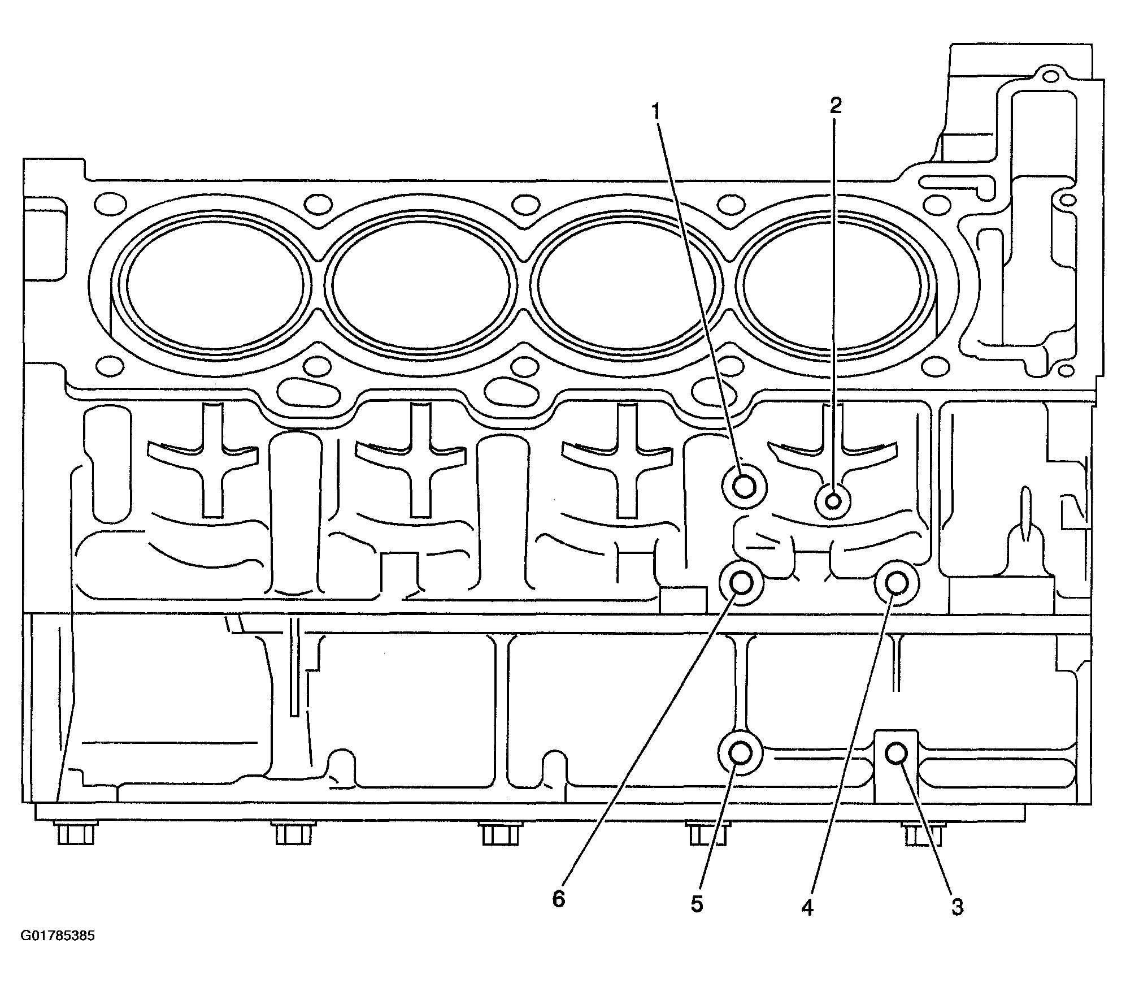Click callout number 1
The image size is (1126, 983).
coord(655,112)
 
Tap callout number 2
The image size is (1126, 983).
coord(835,105)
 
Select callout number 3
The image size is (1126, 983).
coord(957,908)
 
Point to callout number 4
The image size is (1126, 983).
coord(807,908)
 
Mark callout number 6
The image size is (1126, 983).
coord(558,899)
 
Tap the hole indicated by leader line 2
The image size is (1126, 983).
coord(833,501)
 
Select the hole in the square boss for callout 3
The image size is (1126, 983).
coord(896,753)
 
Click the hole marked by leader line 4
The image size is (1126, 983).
coord(897,582)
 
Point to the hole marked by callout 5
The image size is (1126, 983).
coord(740,752)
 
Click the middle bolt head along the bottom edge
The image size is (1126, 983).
coord(502,834)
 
